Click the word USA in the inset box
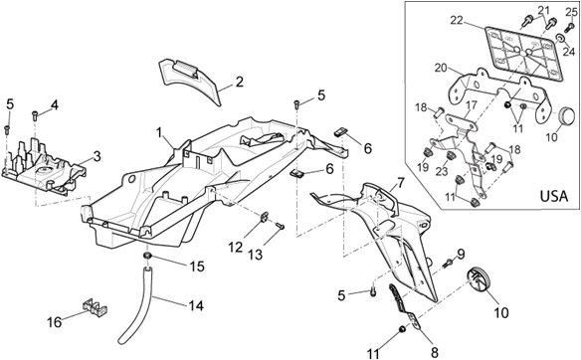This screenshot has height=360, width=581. (x=554, y=196)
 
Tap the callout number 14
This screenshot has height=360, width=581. (x=196, y=306)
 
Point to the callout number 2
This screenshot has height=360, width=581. (x=240, y=82)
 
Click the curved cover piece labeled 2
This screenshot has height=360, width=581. (x=189, y=80)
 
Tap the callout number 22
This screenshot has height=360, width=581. (x=457, y=20)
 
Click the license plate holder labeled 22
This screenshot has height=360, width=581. (x=524, y=53)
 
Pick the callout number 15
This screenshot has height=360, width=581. (x=197, y=267)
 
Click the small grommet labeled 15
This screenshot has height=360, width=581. (x=147, y=256)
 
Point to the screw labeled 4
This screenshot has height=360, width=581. (x=35, y=115)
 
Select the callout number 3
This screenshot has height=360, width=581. (x=97, y=156)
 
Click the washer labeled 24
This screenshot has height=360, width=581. (x=559, y=38)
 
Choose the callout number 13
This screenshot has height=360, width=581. (x=256, y=255)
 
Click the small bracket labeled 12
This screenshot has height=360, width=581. (x=266, y=216)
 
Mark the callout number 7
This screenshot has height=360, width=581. (x=401, y=183)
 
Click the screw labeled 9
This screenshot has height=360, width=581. (x=448, y=264)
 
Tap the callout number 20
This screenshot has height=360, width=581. (x=442, y=69)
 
